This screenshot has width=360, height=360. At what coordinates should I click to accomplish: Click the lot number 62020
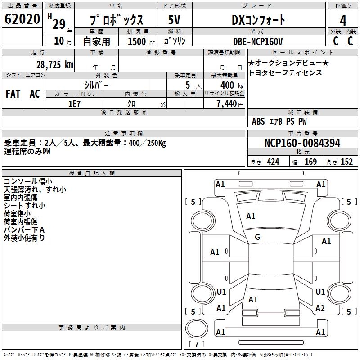coord(22,20)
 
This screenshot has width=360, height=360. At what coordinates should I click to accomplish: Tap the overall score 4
coord(343,20)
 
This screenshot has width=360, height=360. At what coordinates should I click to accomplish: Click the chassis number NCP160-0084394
coord(302,143)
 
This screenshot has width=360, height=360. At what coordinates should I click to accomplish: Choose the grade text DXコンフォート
coord(258,20)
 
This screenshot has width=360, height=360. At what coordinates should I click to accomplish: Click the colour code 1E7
coord(74,103)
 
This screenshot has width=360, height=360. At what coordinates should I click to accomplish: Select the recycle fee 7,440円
coord(229,103)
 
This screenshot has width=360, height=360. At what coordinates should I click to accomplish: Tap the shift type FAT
coord(13,94)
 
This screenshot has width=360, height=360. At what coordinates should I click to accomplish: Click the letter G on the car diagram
coord(257,237)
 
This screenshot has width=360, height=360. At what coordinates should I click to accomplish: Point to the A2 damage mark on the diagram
coord(320,308)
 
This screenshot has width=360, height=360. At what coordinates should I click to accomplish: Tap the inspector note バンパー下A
coord(24,230)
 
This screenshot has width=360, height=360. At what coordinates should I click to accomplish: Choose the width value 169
coord(310,162)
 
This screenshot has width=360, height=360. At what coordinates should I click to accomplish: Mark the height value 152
coord(346,162)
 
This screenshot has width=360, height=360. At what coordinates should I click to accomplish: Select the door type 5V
coord(174,20)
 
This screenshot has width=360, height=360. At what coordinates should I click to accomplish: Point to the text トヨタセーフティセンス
coord(285,72)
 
